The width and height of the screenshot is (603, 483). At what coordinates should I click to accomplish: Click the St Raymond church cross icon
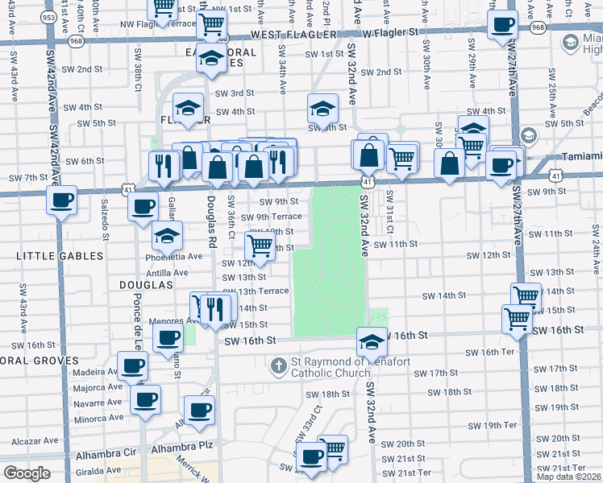[278, 366]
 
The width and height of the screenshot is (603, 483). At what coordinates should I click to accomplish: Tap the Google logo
[27, 473]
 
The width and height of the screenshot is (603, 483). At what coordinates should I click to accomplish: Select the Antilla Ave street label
[167, 273]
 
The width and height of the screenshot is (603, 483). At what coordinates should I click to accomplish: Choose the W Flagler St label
[390, 33]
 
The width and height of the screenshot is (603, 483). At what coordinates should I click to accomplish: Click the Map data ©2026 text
[568, 477]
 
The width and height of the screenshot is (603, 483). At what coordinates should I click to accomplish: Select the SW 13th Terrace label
[256, 291]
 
